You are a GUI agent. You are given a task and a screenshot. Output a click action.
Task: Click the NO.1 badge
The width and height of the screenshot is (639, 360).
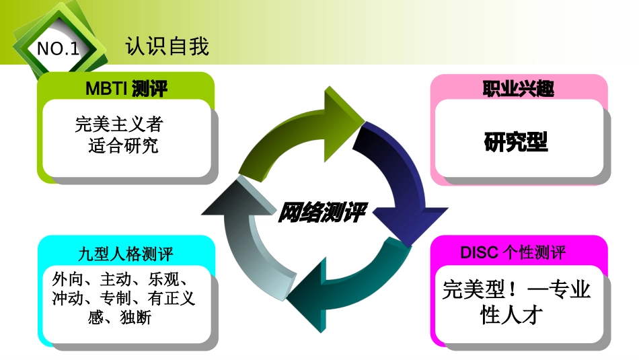tap(58, 49)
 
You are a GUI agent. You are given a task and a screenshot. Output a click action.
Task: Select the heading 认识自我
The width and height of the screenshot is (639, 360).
tap(167, 46)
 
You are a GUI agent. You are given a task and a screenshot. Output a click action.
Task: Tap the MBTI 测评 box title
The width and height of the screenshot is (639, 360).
tap(126, 88)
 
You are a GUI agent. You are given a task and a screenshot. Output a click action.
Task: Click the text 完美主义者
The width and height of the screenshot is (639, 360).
tap(120, 124)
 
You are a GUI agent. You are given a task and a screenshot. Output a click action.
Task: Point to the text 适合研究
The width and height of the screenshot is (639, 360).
tap(123, 145)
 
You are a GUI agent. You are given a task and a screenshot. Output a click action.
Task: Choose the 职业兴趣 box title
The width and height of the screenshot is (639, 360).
tap(518, 88)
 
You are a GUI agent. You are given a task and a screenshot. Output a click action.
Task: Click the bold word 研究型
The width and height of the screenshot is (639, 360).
tap(516, 142)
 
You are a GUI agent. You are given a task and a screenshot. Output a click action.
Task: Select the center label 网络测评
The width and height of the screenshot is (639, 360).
tap(322, 213)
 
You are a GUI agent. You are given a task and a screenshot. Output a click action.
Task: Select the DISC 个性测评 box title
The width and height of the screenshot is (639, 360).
tap(513, 252)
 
